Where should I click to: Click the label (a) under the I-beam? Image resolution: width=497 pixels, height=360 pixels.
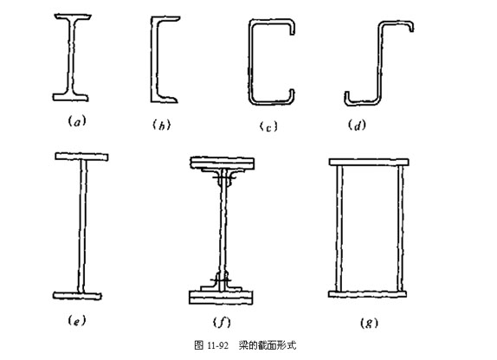tap(77, 121)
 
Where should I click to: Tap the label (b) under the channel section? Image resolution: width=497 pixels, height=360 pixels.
tap(162, 125)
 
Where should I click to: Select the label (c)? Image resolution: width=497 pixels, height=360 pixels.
tap(268, 126)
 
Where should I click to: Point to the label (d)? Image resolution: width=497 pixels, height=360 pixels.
tap(357, 125)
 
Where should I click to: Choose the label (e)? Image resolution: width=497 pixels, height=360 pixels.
tap(77, 321)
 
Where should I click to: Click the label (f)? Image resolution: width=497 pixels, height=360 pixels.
tap(222, 322)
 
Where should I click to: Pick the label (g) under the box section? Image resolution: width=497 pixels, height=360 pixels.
tap(369, 323)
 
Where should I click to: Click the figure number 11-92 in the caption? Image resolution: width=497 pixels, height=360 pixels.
tap(217, 345)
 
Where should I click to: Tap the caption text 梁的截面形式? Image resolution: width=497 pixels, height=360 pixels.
tap(268, 344)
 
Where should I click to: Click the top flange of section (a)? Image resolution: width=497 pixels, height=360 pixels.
tap(73, 16)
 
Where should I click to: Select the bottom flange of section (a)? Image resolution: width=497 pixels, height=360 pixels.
tap(70, 97)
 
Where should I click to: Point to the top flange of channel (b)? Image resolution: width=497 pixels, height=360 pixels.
tap(165, 19)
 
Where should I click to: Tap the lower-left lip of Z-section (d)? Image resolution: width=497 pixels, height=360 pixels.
tap(347, 98)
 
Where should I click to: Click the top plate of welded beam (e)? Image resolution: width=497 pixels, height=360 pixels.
tap(81, 157)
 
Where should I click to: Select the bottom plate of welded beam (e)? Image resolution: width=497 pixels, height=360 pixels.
tap(77, 296)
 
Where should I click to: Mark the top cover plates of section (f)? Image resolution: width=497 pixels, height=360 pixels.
tap(222, 163)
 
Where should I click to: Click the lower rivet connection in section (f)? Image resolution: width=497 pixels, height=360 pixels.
tap(221, 280)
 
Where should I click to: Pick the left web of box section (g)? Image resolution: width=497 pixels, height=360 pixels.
tap(339, 228)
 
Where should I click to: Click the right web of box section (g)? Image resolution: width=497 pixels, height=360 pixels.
tap(400, 228)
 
